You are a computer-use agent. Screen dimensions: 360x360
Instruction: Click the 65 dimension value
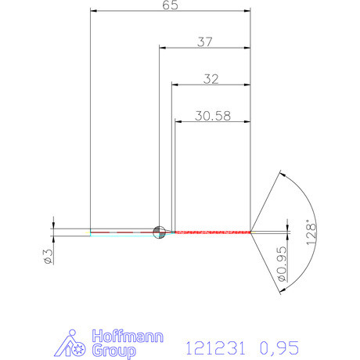click(170, 5)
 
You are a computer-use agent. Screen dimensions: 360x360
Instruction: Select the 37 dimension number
click(205, 42)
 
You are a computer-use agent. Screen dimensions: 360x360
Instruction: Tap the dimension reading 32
click(211, 78)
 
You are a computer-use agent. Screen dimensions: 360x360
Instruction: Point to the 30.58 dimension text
click(213, 115)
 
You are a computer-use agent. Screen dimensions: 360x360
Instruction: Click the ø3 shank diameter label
click(46, 256)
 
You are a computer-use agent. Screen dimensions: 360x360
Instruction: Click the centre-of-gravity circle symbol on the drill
click(159, 231)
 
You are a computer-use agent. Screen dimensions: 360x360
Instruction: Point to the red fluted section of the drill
click(211, 232)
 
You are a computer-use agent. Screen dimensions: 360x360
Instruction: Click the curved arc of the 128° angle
click(304, 196)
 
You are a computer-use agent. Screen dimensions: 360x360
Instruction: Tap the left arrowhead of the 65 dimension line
click(94, 11)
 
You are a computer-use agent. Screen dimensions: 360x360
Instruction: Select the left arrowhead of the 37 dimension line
click(162, 48)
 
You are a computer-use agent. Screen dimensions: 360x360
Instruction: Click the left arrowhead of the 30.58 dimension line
click(177, 121)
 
